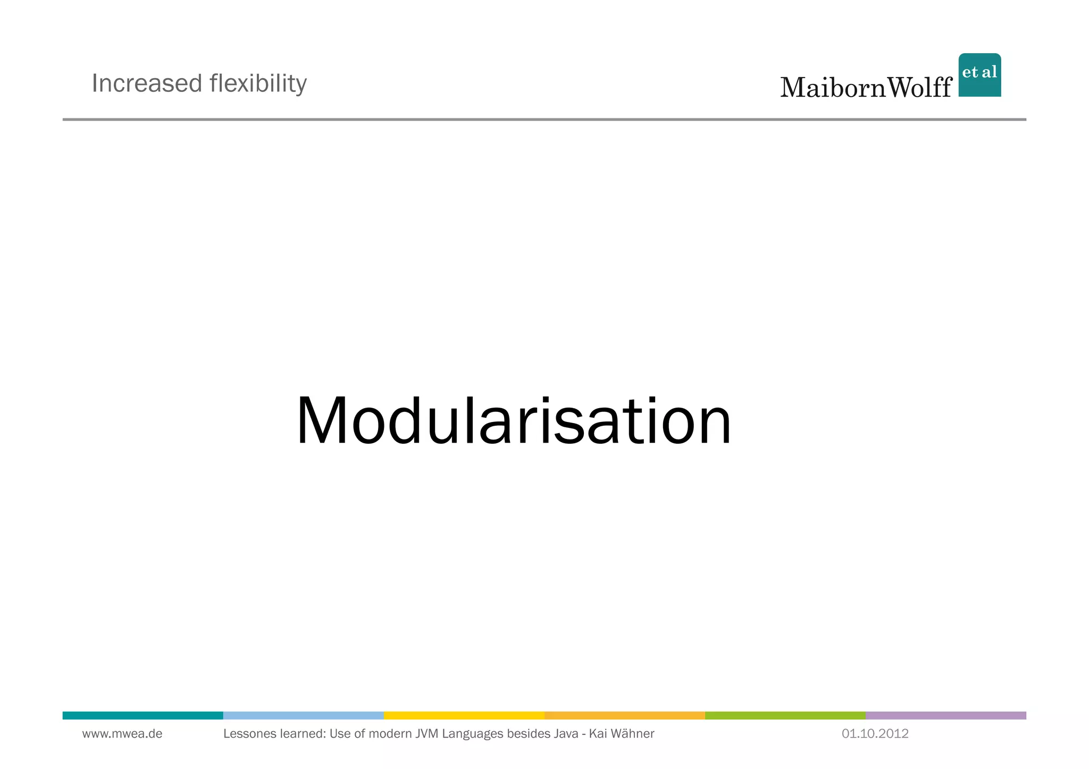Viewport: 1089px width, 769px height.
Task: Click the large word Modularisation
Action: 514,421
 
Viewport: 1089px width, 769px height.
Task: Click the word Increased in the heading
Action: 147,83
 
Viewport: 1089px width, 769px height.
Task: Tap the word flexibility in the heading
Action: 258,83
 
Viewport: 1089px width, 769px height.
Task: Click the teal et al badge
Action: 979,75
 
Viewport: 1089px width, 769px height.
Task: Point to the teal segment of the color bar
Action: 143,715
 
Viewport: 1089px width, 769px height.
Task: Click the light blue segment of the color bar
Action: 303,715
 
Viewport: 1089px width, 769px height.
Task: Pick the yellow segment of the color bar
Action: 464,715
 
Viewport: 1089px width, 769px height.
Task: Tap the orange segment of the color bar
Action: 624,715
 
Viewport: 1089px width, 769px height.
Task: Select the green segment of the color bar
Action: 785,715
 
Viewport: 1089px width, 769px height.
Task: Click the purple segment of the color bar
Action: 945,715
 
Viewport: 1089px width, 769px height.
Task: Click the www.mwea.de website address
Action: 122,734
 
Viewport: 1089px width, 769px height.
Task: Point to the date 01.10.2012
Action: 875,734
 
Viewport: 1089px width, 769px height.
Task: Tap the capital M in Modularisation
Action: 321,421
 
